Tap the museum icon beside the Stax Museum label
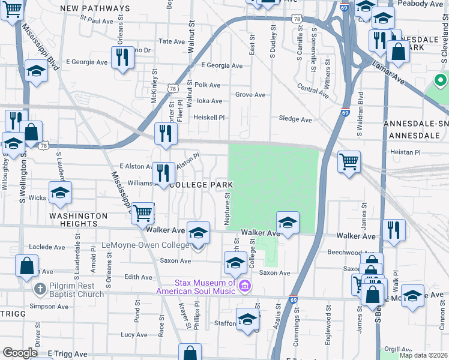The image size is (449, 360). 244,287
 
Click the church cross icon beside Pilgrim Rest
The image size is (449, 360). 40,289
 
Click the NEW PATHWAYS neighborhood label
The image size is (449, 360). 95,9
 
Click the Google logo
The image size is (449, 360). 20,353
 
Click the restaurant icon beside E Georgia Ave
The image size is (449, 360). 122,58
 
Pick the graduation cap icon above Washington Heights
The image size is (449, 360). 60,193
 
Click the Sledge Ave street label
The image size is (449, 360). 296,119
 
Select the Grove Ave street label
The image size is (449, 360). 250,95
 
